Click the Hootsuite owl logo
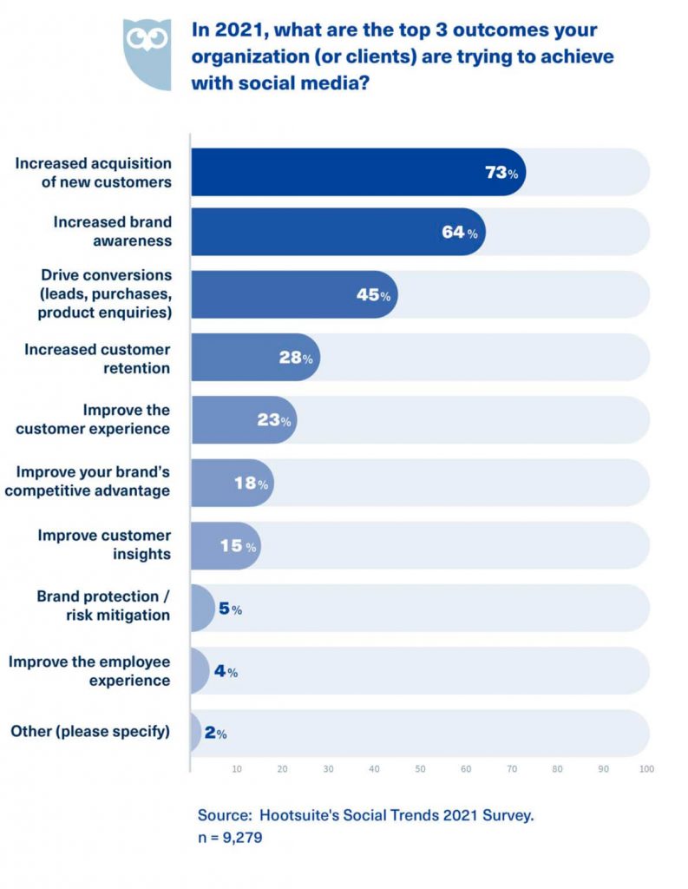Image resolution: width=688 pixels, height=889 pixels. [x=147, y=53]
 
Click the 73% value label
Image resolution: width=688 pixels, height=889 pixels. [x=501, y=173]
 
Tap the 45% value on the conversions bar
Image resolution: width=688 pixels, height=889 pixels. [x=373, y=295]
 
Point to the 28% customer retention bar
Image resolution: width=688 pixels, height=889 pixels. [x=254, y=358]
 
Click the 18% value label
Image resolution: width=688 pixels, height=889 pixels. [x=251, y=484]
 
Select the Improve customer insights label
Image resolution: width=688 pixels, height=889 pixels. [x=104, y=544]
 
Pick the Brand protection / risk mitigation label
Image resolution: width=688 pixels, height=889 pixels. [x=103, y=606]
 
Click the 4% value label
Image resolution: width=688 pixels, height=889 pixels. [x=226, y=672]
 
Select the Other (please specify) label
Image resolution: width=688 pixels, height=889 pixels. [x=89, y=732]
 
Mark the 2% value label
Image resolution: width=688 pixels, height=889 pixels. [x=215, y=734]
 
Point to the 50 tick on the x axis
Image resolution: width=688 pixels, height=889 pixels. [x=420, y=769]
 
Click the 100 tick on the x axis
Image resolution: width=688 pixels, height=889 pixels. [x=645, y=769]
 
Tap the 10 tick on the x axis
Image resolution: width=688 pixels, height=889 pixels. [x=236, y=769]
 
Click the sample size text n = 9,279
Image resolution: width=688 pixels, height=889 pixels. [x=230, y=839]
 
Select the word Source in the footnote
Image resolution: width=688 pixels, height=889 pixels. [x=223, y=816]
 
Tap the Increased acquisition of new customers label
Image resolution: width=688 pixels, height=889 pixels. [x=93, y=173]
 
